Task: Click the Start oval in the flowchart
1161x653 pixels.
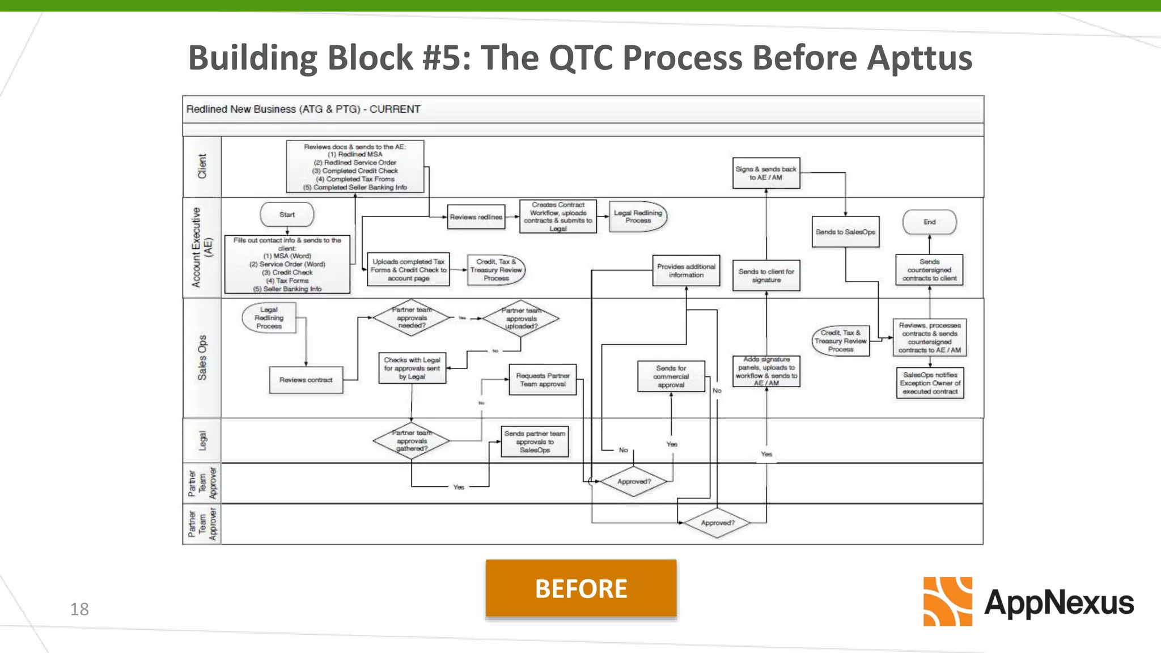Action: [287, 215]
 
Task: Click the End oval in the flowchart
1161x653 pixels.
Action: [929, 222]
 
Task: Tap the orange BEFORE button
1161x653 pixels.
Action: [581, 588]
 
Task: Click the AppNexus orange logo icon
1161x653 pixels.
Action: [947, 601]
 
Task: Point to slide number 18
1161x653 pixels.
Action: [79, 609]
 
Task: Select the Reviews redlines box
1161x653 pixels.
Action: [476, 217]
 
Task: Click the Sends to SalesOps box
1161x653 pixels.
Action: [845, 232]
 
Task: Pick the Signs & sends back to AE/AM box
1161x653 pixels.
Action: [766, 173]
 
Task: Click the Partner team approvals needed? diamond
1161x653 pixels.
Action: [412, 318]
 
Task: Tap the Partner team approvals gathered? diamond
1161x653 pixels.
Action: [412, 441]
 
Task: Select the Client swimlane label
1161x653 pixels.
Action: [202, 167]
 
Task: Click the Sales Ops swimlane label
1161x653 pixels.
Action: [202, 358]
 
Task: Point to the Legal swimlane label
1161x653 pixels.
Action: [202, 440]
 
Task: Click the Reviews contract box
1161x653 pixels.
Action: [306, 380]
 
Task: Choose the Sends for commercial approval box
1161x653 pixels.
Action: [671, 376]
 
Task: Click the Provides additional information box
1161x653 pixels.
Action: [686, 271]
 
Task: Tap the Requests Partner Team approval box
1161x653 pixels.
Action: [543, 380]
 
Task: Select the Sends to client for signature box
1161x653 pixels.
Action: [766, 275]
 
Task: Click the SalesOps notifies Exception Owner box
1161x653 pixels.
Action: [930, 383]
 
